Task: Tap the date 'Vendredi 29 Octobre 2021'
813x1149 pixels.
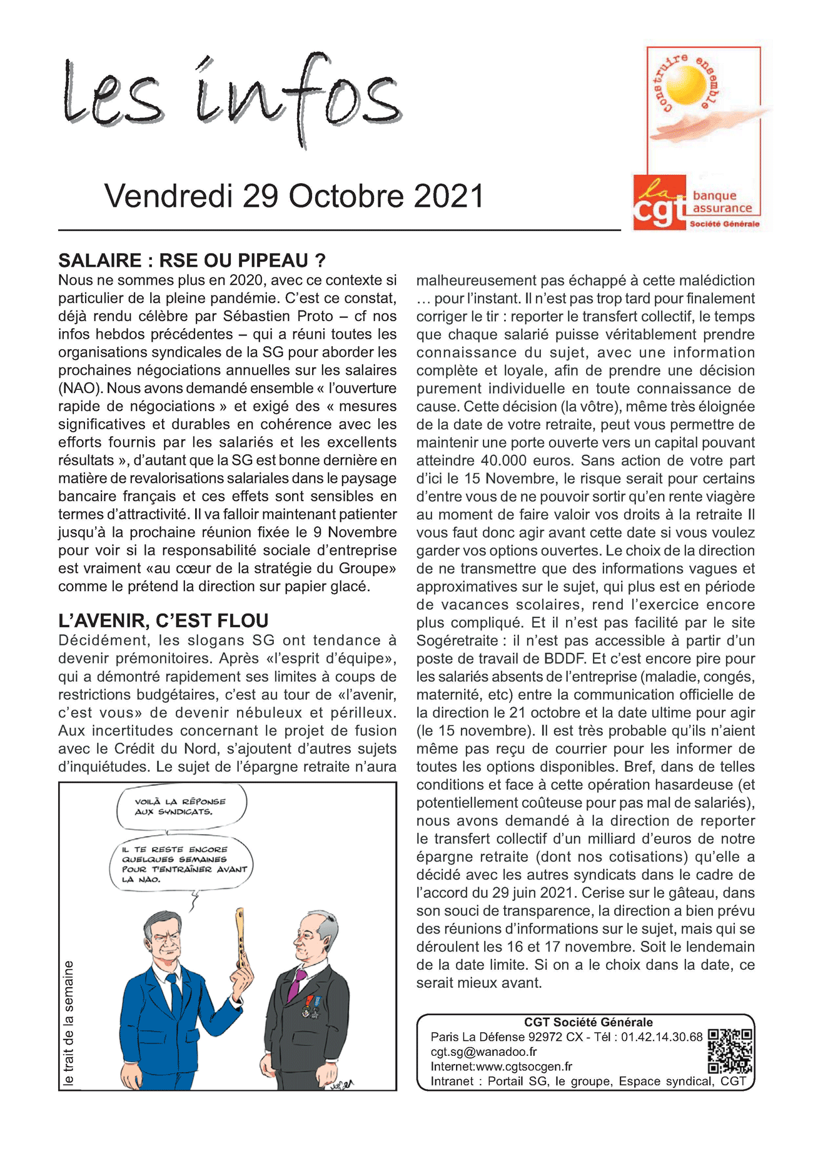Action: point(294,196)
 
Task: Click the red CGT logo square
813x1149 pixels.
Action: point(659,202)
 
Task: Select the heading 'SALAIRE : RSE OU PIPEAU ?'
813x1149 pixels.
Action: point(192,261)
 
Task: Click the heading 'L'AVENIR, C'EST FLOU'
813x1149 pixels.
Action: point(163,620)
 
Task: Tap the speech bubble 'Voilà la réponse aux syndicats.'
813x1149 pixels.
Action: point(181,807)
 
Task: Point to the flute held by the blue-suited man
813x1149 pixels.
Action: point(239,937)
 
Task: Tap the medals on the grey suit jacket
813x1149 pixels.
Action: point(312,1006)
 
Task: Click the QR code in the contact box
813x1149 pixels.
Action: point(729,1051)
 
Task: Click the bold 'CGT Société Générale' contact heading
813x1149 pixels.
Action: point(588,1022)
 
